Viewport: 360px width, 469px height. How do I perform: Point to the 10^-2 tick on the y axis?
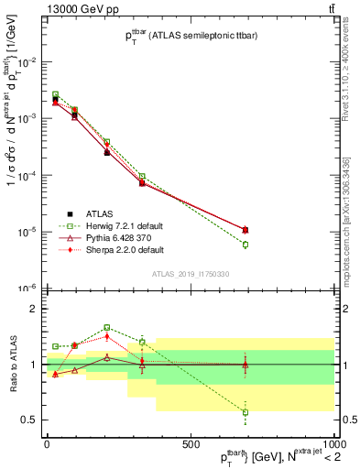coord(27,62)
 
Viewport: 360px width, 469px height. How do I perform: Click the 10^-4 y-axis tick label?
coord(27,175)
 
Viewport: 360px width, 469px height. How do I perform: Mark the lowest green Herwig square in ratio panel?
coord(245,412)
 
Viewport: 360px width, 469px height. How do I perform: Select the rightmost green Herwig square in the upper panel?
coord(245,245)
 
